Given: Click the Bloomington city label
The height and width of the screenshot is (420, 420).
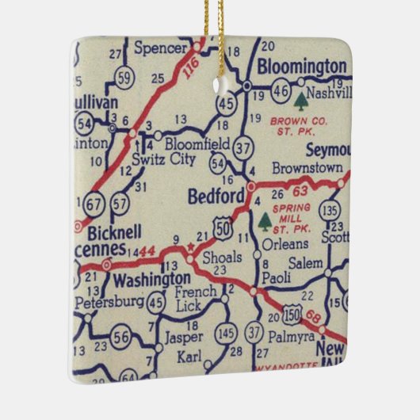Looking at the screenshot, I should coord(302,65).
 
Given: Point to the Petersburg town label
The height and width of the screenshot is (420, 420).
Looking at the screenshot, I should coord(109,302).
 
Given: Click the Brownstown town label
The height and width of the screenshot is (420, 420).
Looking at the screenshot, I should coord(307,168).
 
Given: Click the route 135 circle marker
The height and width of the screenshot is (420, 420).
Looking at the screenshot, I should coord(332,211).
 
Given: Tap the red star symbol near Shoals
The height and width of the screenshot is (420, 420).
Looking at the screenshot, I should coord(189,248).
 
